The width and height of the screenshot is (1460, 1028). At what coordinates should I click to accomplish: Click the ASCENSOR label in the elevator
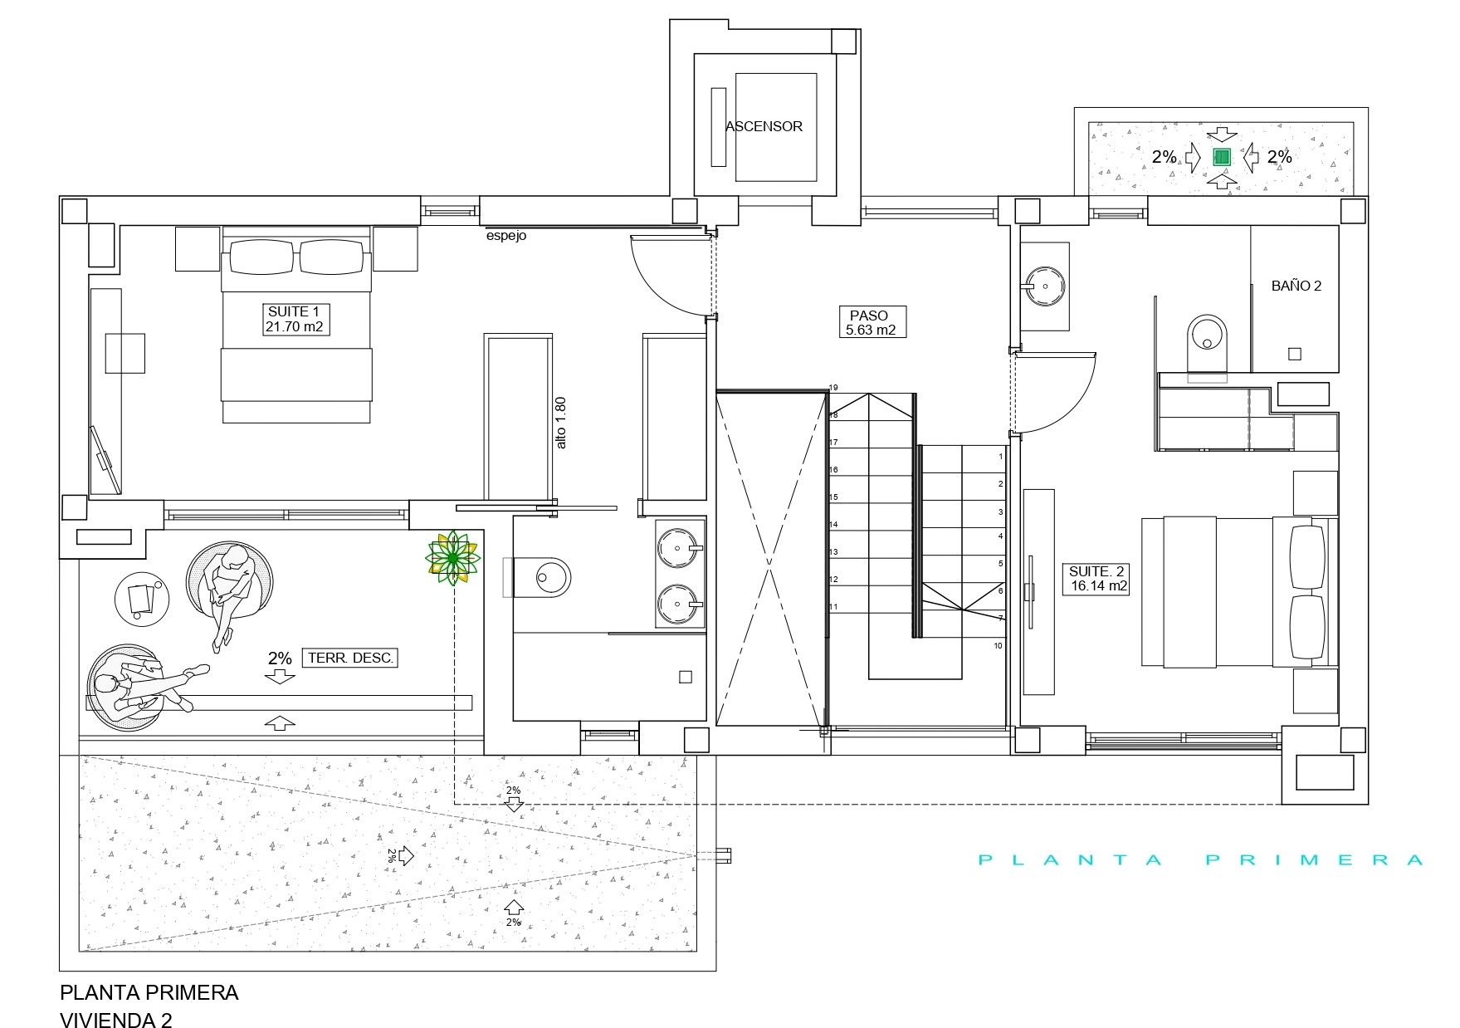click(764, 126)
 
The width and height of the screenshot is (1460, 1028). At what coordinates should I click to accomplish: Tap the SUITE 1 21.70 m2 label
click(294, 320)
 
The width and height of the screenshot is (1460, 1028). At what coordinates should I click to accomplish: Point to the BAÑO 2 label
click(1296, 286)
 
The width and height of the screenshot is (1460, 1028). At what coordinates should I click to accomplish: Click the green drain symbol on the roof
click(1221, 156)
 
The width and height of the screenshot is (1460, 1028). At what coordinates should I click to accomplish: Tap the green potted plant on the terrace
click(452, 557)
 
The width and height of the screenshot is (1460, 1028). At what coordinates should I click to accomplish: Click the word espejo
click(506, 237)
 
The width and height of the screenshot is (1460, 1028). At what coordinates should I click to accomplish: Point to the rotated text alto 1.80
click(561, 423)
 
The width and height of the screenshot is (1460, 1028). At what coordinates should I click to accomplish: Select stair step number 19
click(833, 388)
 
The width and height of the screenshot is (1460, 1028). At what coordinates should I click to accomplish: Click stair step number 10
click(998, 645)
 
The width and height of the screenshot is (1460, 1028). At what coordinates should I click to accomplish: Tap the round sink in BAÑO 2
click(1044, 286)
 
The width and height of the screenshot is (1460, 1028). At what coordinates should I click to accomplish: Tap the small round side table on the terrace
click(141, 598)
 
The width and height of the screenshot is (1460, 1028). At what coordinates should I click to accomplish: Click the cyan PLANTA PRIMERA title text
click(1201, 860)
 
